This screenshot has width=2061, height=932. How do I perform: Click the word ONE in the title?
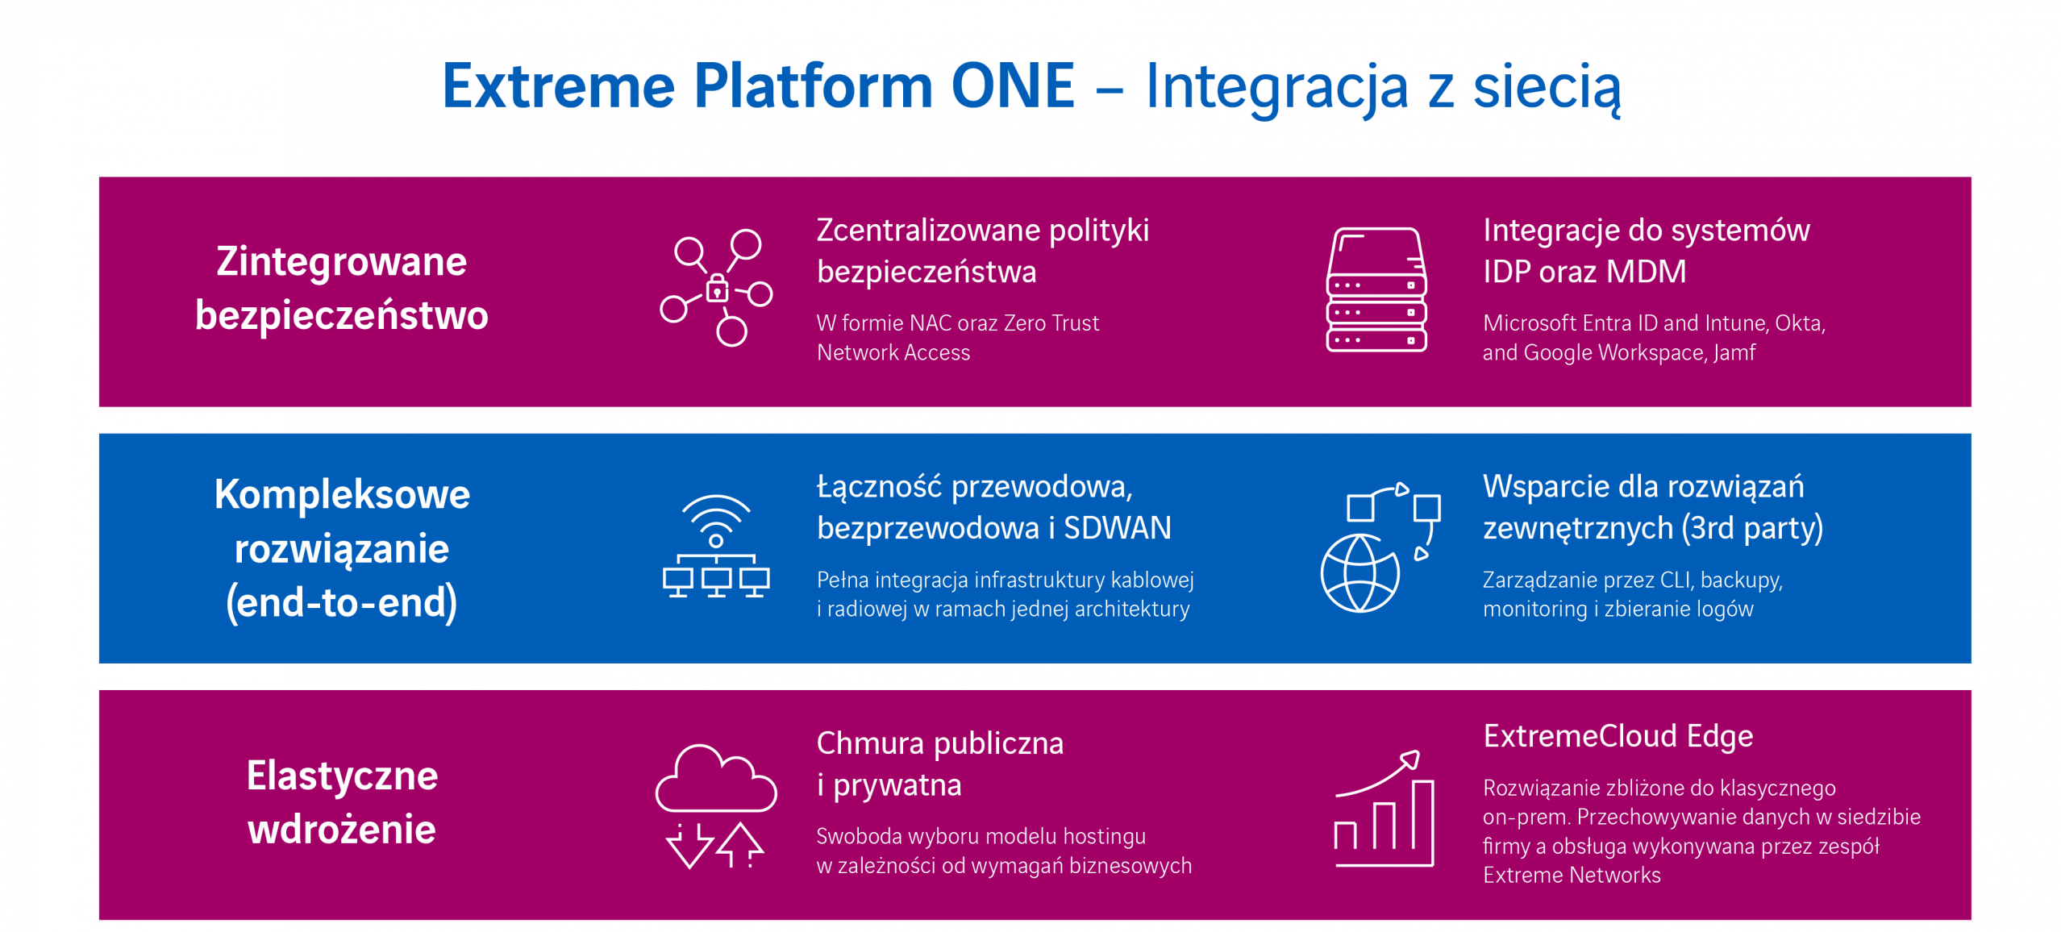[1012, 85]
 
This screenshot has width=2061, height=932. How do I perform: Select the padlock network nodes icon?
[716, 288]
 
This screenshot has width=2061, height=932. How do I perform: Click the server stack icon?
[1376, 289]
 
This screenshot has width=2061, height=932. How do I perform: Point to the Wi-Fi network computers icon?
[716, 546]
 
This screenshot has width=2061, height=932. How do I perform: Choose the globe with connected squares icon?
[1379, 547]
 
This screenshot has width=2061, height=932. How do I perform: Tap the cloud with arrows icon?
[716, 805]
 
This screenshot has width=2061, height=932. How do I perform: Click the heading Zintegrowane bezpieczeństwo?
[342, 288]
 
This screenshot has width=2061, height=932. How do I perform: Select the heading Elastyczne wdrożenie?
[342, 802]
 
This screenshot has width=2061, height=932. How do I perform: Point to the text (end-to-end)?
[342, 602]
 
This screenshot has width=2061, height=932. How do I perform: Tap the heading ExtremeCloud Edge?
[1618, 736]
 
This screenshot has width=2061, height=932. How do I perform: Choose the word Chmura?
[868, 743]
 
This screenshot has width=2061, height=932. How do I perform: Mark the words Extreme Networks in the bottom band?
[1572, 875]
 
